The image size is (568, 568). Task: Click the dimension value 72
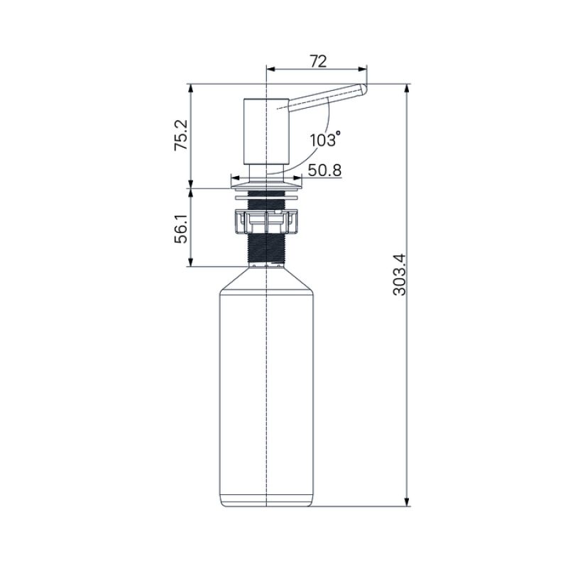click(317, 61)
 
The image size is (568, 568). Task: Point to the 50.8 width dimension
click(324, 170)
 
